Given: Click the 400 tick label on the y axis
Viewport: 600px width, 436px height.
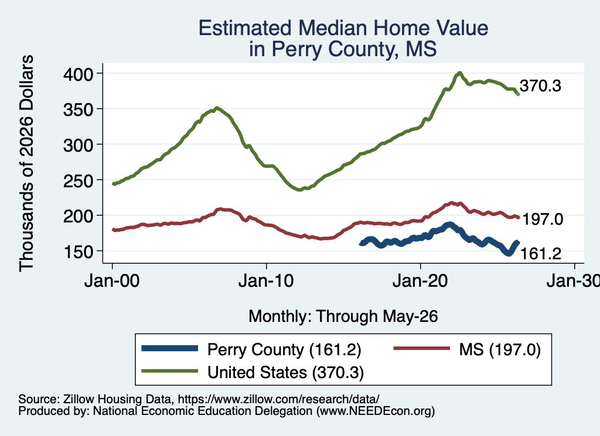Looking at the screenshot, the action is [x=78, y=74].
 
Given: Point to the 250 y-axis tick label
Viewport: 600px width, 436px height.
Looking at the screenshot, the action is [x=78, y=180].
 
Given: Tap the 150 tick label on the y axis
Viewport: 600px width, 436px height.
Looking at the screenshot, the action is [x=78, y=252].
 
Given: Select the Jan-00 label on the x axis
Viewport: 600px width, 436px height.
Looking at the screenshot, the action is [x=112, y=281].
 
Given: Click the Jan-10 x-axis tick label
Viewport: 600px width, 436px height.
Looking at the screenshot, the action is [x=266, y=281].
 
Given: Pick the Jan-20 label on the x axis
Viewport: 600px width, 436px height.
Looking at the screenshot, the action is [x=420, y=281].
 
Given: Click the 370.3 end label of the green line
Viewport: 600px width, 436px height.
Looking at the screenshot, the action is [x=540, y=86].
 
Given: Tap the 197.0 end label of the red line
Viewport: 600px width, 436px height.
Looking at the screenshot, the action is [x=543, y=219].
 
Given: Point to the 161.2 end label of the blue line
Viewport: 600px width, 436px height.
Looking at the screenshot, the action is [x=541, y=253].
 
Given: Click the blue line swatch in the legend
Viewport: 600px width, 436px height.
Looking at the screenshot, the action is [x=170, y=348].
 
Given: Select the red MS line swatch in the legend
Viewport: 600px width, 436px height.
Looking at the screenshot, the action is [x=422, y=348].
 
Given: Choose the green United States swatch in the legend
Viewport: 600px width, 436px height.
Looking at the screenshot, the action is [x=170, y=371].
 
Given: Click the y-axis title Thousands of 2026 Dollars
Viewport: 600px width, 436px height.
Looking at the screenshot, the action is [x=26, y=163].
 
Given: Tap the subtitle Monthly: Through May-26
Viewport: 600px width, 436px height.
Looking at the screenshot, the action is [x=343, y=317].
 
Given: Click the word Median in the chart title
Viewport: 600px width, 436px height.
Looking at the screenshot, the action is [x=333, y=28].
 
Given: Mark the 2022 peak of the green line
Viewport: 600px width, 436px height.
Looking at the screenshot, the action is [x=459, y=73].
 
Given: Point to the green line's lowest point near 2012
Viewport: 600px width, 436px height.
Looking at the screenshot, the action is [x=299, y=190].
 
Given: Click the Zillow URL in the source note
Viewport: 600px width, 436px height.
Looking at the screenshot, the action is [x=278, y=399].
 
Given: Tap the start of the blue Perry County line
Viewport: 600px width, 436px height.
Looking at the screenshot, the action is [x=361, y=243].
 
